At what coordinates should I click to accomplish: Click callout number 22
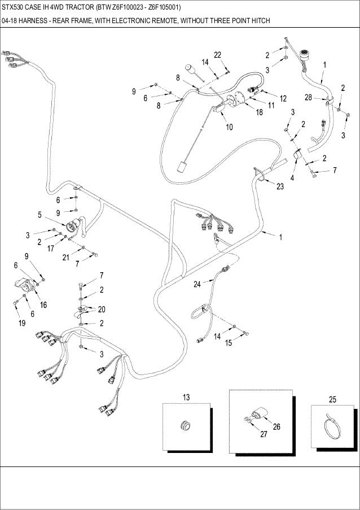(217, 54)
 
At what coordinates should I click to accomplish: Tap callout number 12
(283, 98)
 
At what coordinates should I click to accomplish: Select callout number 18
(259, 112)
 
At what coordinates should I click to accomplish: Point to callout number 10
(230, 127)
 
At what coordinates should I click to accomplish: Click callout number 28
(308, 98)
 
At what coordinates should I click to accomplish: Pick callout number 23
(280, 187)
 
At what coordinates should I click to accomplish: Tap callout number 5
(39, 215)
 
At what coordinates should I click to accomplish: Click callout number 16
(43, 304)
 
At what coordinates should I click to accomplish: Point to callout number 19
(21, 324)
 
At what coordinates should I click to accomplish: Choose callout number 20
(102, 309)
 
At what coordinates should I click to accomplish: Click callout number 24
(197, 285)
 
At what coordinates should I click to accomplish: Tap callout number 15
(229, 342)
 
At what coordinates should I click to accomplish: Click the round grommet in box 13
(184, 424)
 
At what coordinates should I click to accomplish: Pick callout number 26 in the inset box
(276, 426)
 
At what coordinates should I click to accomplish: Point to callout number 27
(263, 434)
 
